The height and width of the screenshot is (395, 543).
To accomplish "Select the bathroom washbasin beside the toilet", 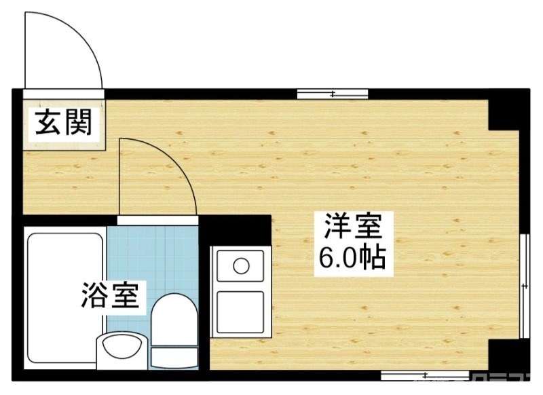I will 121,350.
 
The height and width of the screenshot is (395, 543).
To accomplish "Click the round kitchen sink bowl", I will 241,265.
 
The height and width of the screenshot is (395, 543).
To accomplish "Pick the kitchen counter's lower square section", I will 240,312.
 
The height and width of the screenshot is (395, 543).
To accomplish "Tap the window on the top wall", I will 333,94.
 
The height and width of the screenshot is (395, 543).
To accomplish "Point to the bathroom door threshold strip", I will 157,221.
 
